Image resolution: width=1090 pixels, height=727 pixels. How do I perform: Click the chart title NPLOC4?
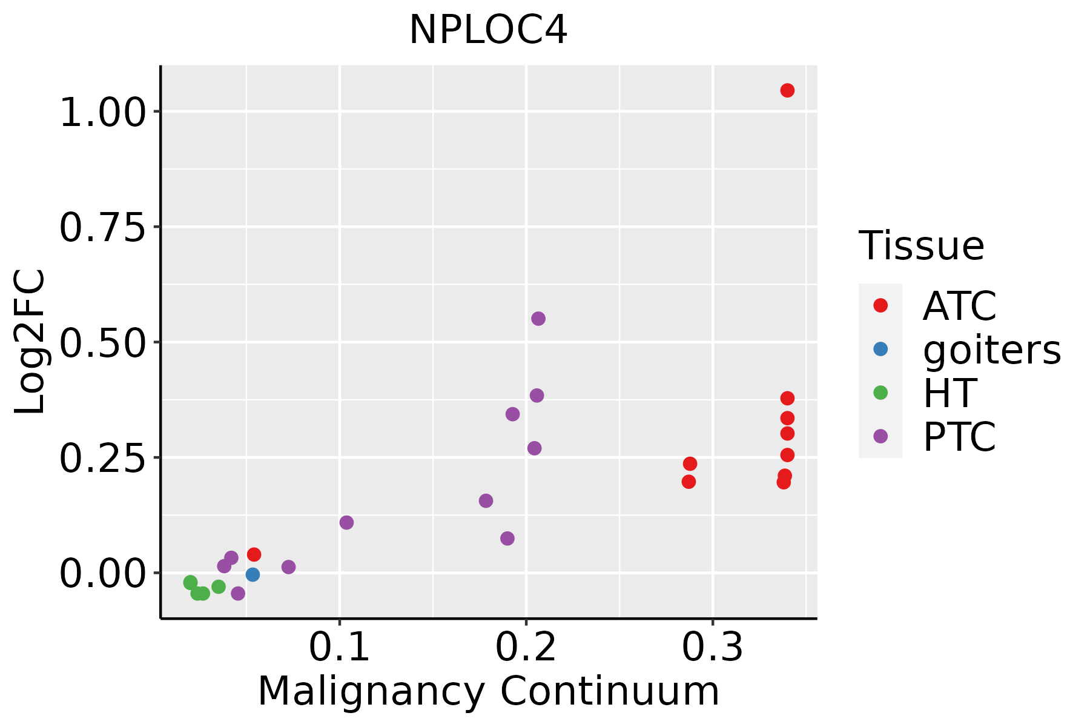[488, 30]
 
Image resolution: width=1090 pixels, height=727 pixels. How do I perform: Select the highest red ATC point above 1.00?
[787, 90]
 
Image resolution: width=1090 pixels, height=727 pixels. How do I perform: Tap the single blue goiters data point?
[253, 574]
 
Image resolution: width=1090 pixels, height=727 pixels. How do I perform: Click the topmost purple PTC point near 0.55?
[538, 319]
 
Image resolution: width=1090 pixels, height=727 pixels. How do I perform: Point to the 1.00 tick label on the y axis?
[103, 113]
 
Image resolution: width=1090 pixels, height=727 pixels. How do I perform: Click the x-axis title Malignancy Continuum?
[488, 691]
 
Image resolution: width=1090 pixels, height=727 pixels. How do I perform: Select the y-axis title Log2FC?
[30, 342]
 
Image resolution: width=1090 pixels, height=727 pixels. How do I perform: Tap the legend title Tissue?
[922, 246]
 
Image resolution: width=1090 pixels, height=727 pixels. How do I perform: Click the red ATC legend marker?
[880, 305]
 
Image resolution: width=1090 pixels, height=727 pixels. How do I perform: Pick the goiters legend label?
[991, 350]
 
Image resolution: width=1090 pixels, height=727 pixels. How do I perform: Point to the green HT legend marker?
[880, 393]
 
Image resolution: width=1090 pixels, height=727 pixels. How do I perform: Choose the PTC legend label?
[959, 437]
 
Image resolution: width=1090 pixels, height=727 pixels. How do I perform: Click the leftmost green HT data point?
[191, 582]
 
